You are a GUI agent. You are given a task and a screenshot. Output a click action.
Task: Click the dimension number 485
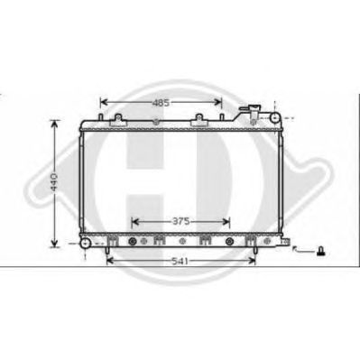161,103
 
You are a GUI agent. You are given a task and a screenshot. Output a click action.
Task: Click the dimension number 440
54,182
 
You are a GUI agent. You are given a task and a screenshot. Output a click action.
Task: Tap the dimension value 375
181,222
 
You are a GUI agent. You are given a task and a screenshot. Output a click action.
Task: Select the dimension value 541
180,262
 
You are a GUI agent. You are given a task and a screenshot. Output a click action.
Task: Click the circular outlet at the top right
274,117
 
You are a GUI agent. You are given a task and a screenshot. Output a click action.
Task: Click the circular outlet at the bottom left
86,243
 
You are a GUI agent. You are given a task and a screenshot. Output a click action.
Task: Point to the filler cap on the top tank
249,107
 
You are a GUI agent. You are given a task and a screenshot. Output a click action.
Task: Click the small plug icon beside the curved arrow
321,251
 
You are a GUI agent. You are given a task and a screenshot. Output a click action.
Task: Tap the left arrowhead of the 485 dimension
104,103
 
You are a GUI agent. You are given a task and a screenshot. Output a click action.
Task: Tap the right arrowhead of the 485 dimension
217,102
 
